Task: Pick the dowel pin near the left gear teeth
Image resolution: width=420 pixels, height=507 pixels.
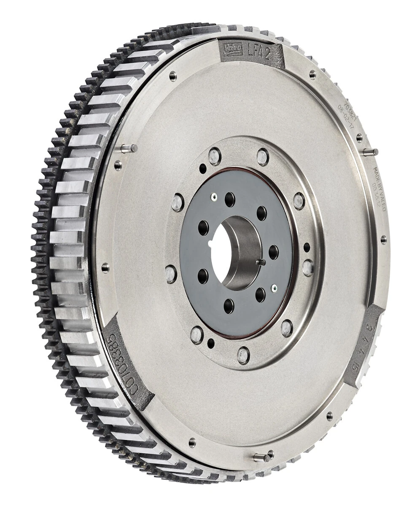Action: (128, 148)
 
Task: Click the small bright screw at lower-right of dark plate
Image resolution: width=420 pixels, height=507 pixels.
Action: (275, 289)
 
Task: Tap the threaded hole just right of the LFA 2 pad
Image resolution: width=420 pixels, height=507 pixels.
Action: (312, 75)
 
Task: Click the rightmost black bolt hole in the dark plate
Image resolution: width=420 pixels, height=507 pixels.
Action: (273, 252)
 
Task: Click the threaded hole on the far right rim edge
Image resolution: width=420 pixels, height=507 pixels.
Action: (383, 240)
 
